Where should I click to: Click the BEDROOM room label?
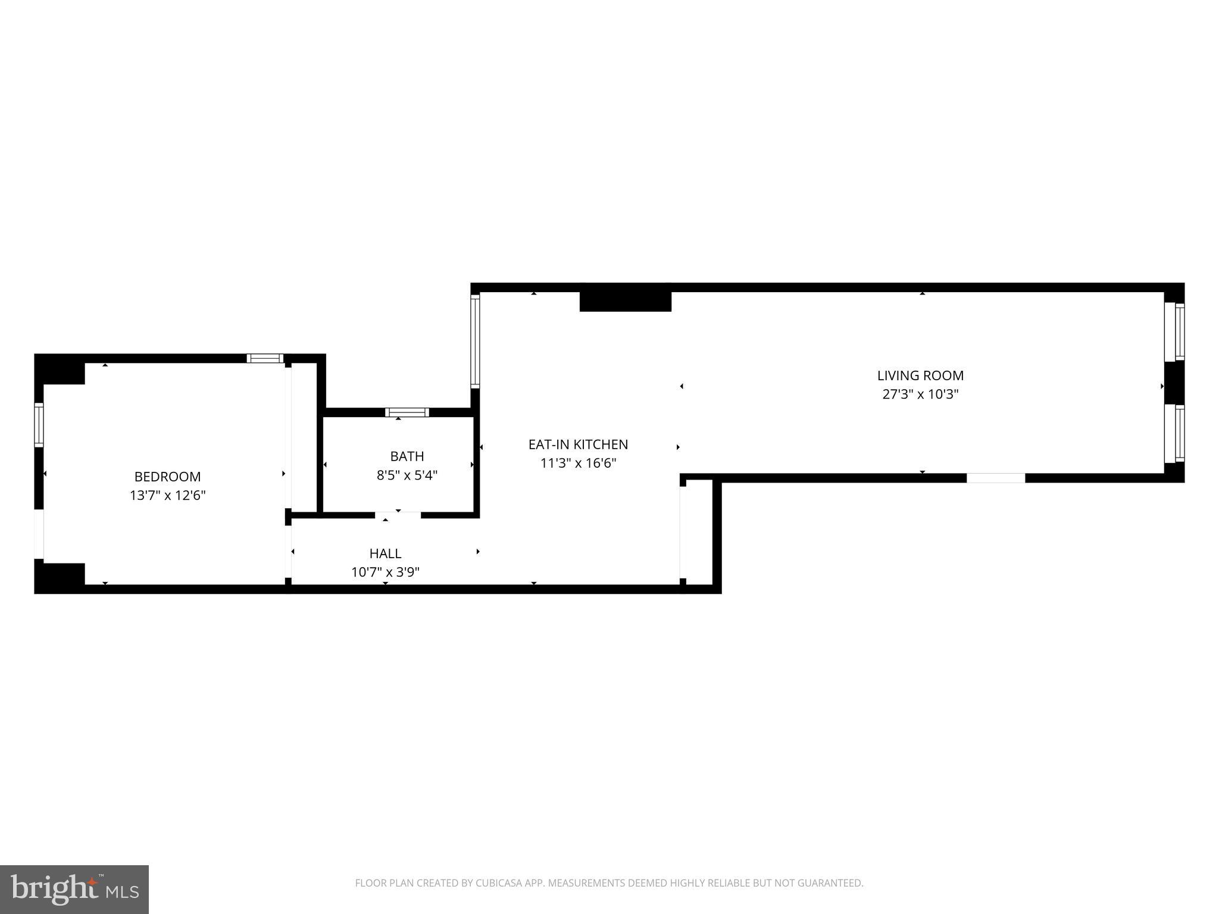pyautogui.click(x=167, y=477)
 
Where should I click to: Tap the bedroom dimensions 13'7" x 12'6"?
pyautogui.click(x=167, y=496)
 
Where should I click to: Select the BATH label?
pyautogui.click(x=407, y=456)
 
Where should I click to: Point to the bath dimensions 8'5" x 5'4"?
pyautogui.click(x=407, y=475)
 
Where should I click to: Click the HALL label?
pyautogui.click(x=385, y=553)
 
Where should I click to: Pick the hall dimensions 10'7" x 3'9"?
pyautogui.click(x=385, y=572)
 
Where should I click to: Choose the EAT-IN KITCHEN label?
pyautogui.click(x=578, y=445)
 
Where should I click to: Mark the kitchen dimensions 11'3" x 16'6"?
pyautogui.click(x=578, y=464)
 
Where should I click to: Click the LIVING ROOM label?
pyautogui.click(x=920, y=375)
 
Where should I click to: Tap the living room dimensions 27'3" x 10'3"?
pyautogui.click(x=920, y=395)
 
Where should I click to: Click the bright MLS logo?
pyautogui.click(x=74, y=889)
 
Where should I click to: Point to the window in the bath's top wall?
pyautogui.click(x=407, y=412)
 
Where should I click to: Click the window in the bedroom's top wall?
pyautogui.click(x=265, y=358)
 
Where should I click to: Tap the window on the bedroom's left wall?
pyautogui.click(x=39, y=425)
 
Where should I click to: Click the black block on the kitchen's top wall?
pyautogui.click(x=625, y=301)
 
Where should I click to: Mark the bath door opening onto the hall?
pyautogui.click(x=398, y=515)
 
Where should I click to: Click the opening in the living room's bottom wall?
pyautogui.click(x=996, y=478)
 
